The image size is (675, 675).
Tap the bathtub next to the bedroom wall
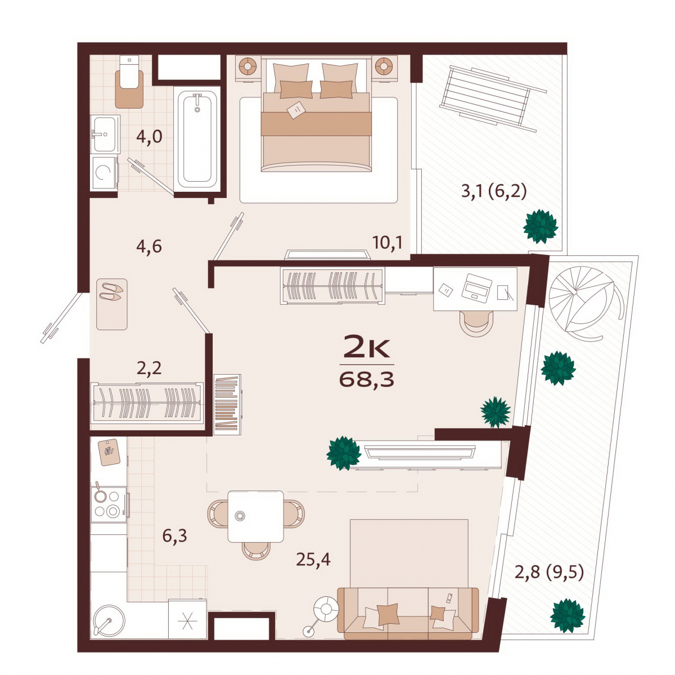point(197,139)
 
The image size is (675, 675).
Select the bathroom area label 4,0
point(149,136)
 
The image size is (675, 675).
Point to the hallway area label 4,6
point(149,246)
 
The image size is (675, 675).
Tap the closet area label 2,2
point(149,368)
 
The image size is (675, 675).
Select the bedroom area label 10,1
point(388,242)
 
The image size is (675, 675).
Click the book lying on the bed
point(296,110)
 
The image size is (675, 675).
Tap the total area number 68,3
point(367,379)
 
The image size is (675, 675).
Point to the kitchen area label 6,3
point(174,535)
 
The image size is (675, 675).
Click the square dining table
point(256,516)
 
